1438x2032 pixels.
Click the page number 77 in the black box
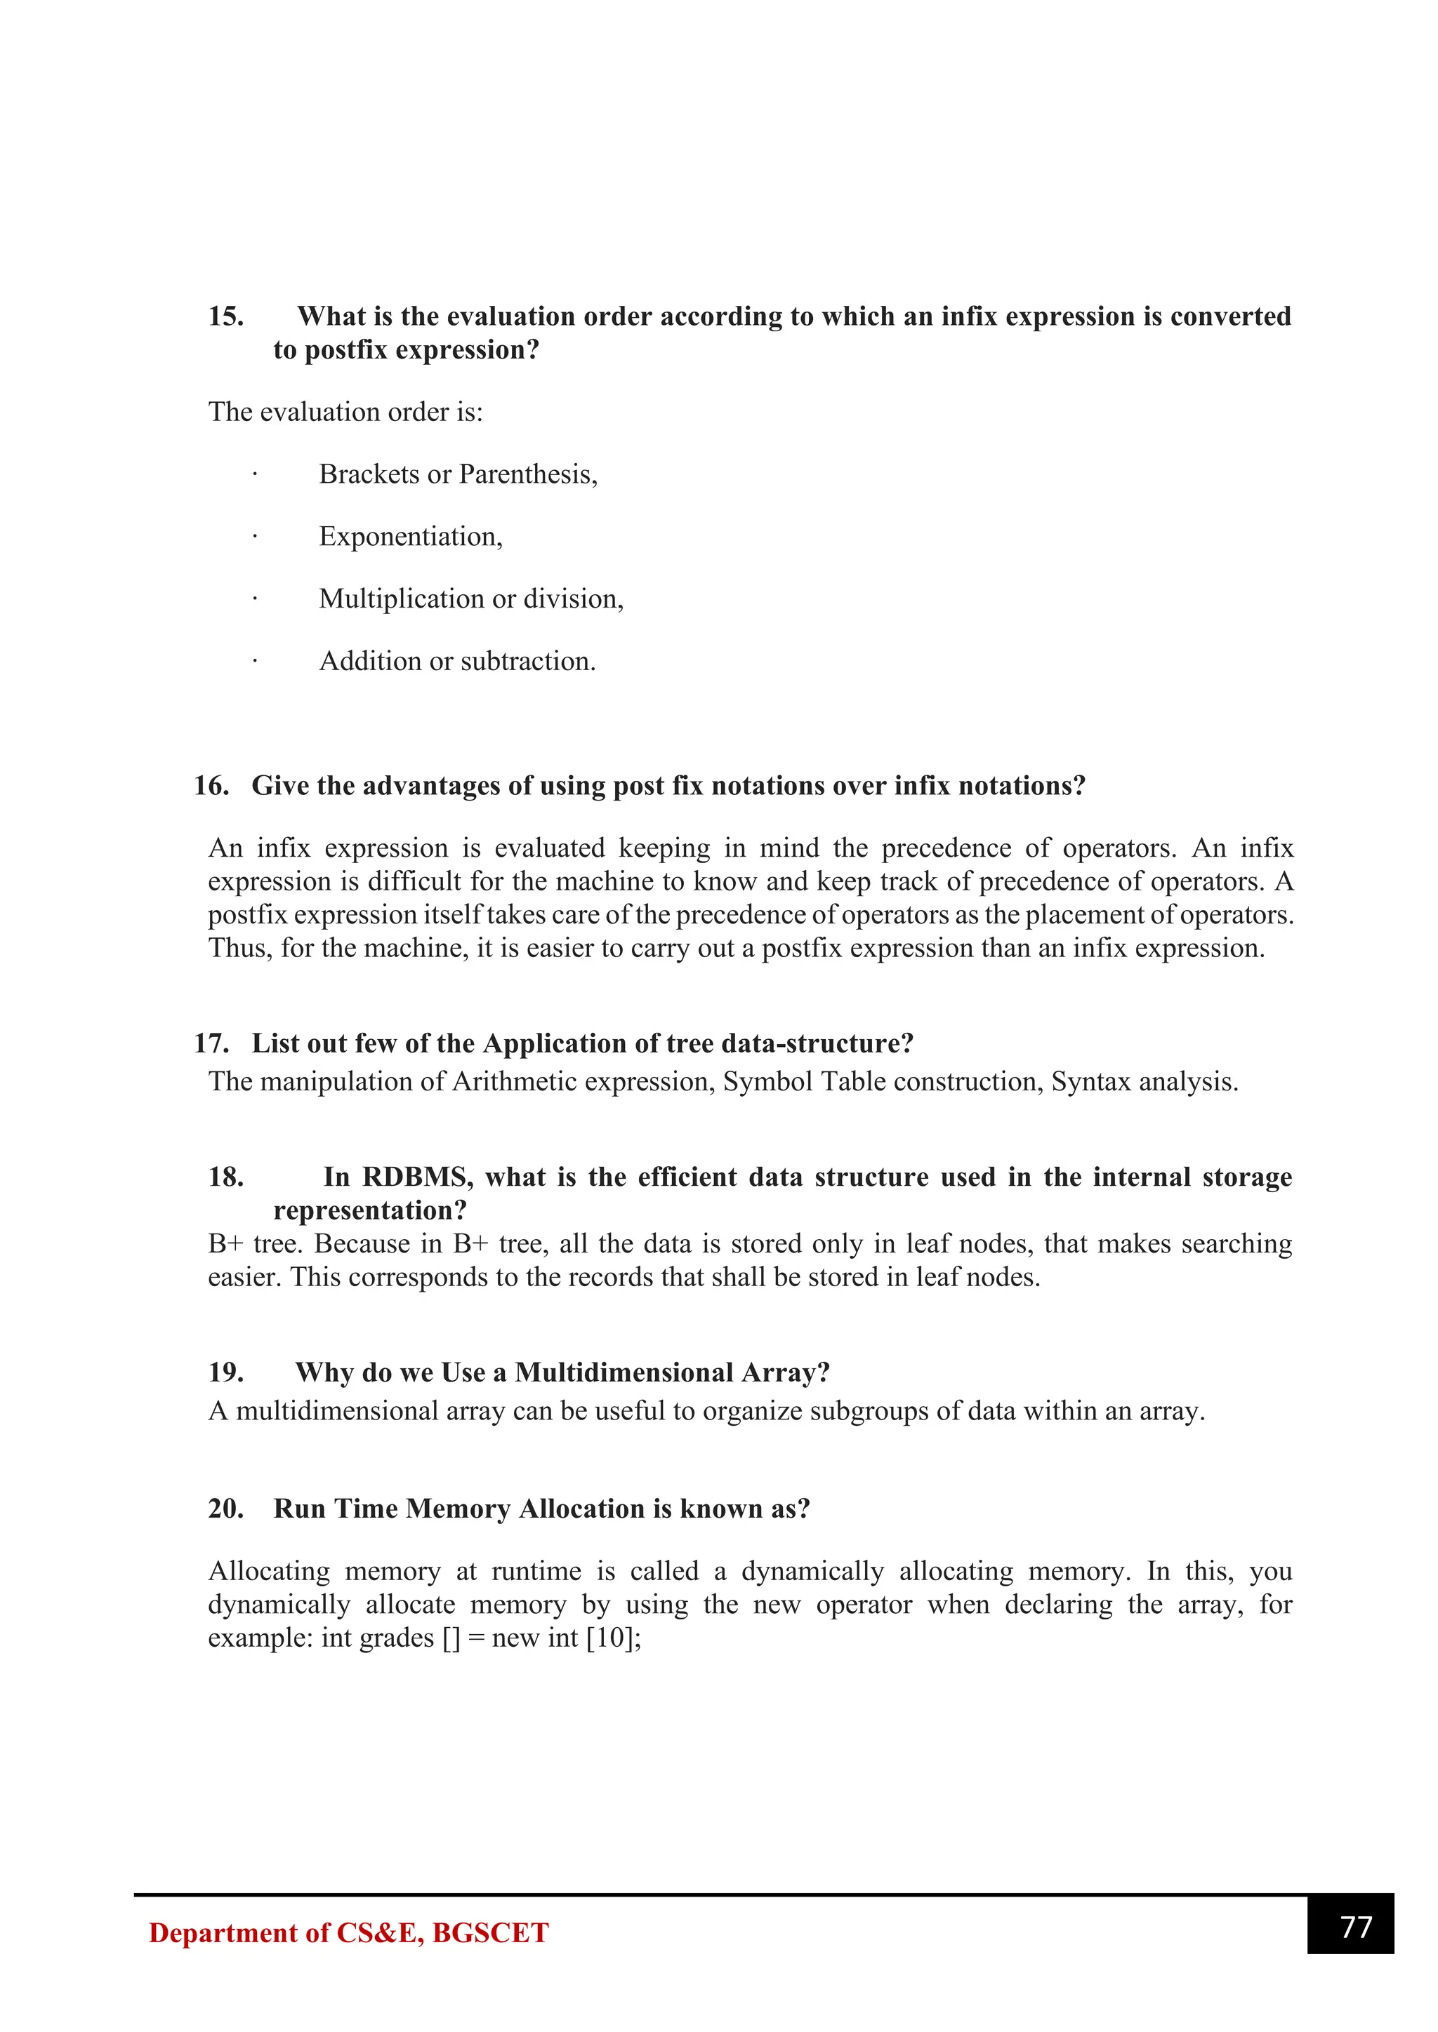(1356, 1927)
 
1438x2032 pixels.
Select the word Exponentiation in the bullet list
(409, 536)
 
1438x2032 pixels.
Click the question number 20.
(226, 1509)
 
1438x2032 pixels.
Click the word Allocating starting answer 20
(269, 1572)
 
